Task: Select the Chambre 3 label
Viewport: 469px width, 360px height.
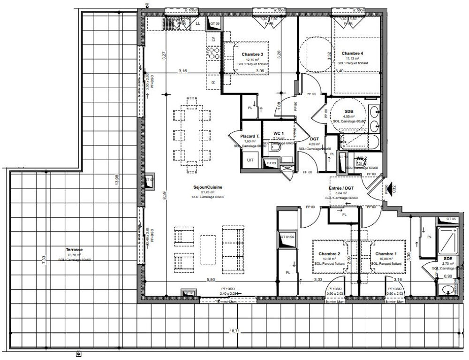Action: click(x=252, y=54)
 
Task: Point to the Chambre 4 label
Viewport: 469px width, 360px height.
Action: click(x=352, y=53)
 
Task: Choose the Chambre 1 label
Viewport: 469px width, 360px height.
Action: click(x=386, y=254)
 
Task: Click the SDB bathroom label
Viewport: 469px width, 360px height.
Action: click(x=348, y=111)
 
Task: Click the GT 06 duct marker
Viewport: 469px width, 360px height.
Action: click(x=189, y=293)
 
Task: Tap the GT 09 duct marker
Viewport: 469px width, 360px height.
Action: click(x=215, y=23)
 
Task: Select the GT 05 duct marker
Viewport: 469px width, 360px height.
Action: click(x=451, y=219)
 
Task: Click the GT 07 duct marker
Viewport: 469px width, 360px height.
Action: click(x=149, y=180)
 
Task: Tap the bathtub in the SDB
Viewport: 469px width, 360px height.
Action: click(x=355, y=140)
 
